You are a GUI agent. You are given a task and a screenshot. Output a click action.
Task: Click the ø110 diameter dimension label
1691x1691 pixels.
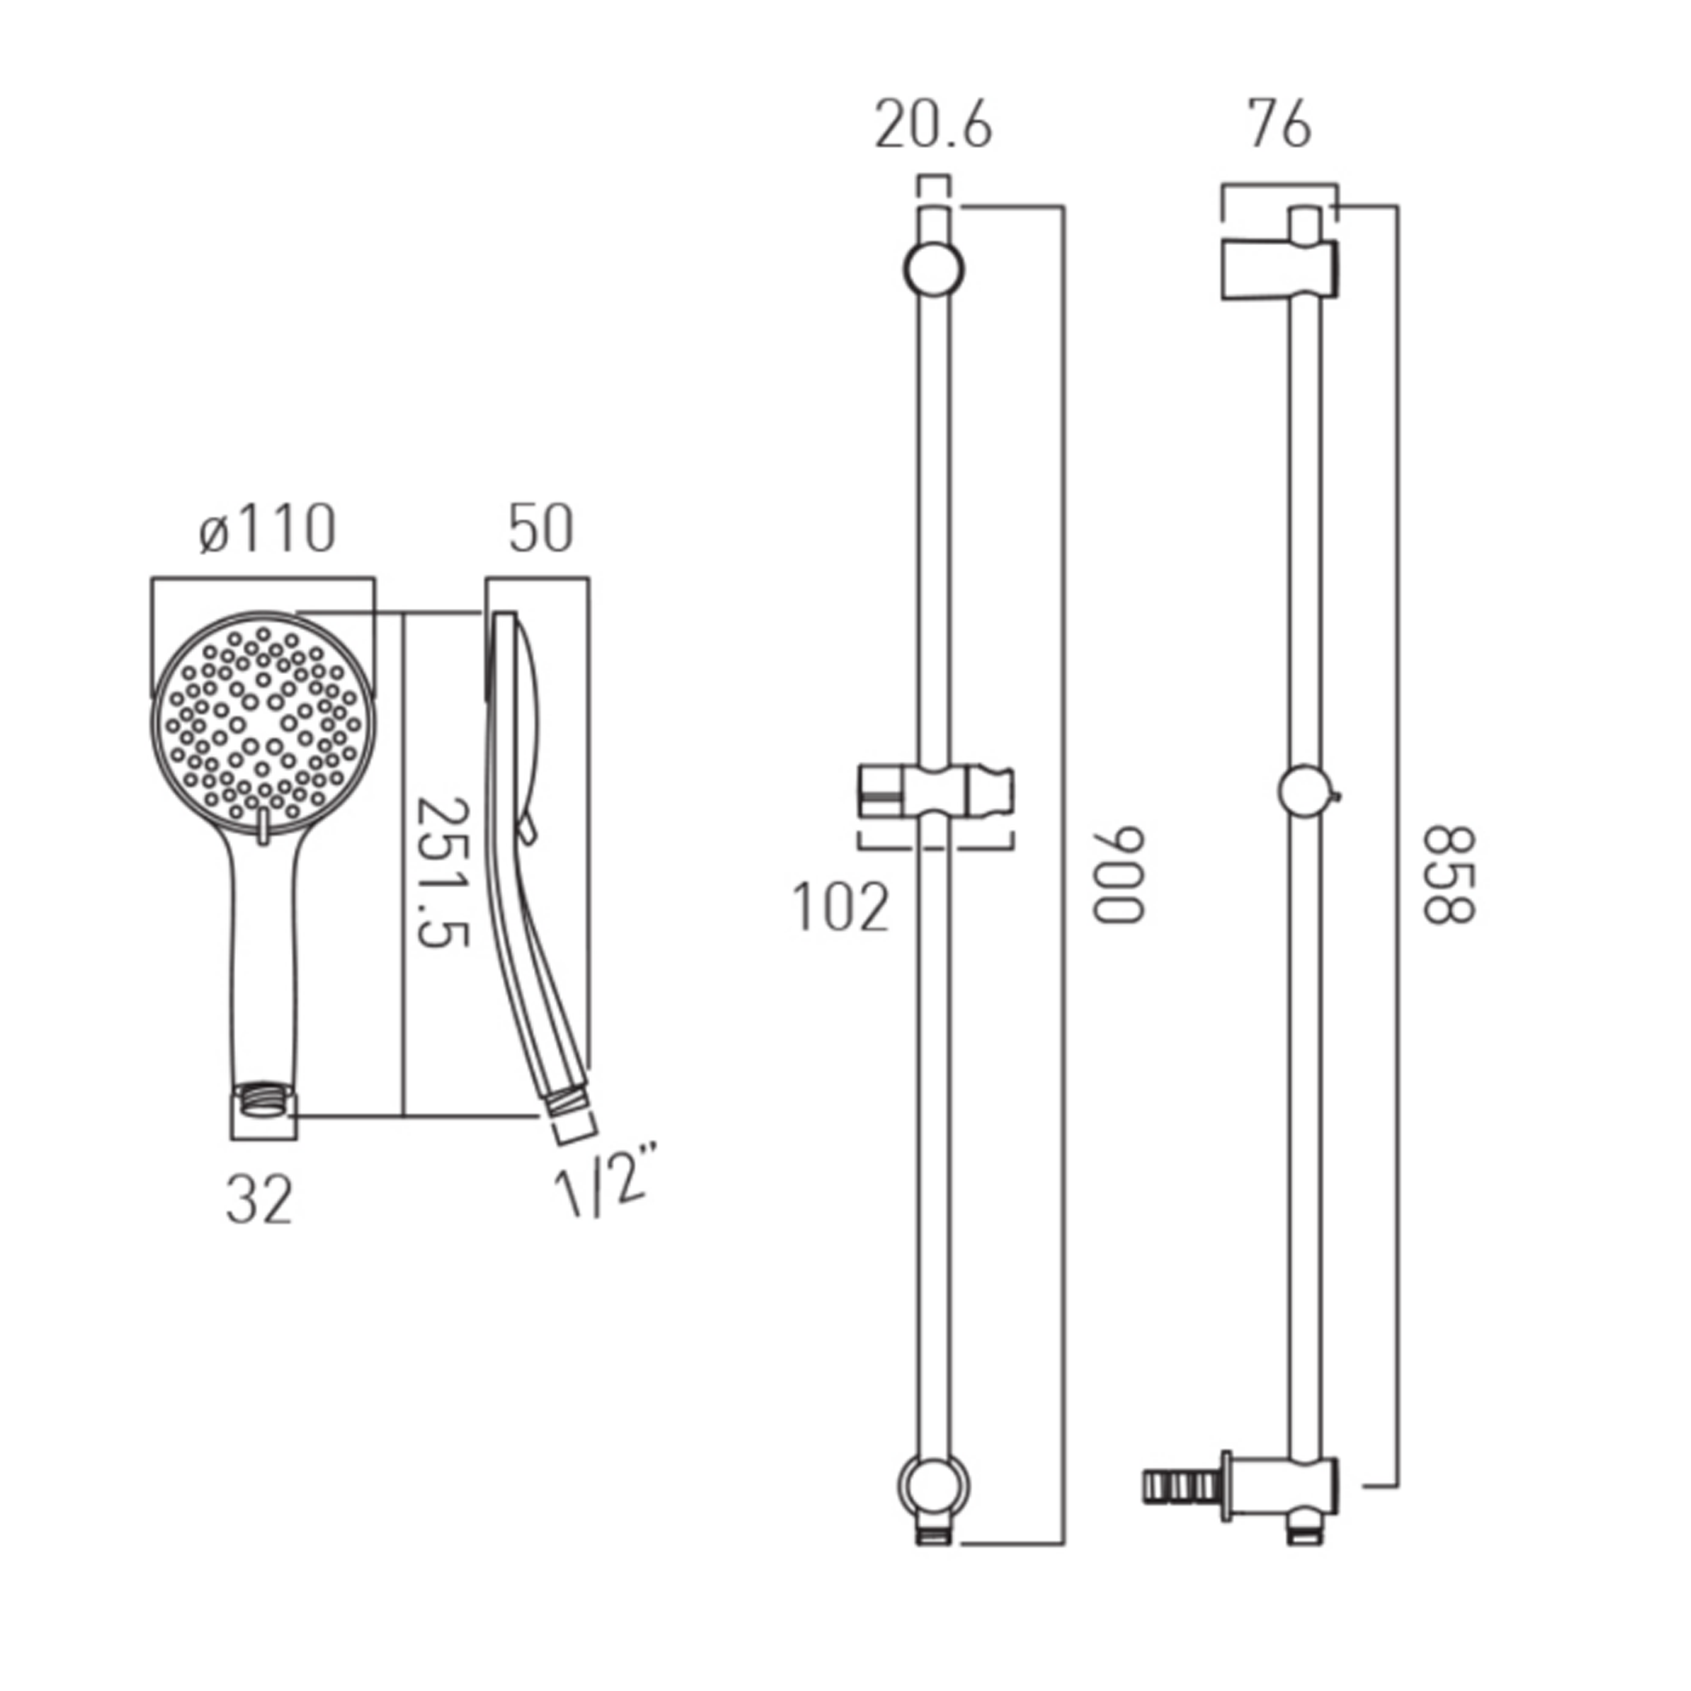[x=267, y=529]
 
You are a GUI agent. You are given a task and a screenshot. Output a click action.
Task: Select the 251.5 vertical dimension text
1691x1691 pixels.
[x=440, y=873]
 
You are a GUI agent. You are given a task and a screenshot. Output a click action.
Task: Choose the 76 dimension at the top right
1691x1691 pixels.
[x=1280, y=126]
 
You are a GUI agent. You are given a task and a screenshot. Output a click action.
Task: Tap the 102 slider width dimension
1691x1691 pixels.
[x=840, y=908]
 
